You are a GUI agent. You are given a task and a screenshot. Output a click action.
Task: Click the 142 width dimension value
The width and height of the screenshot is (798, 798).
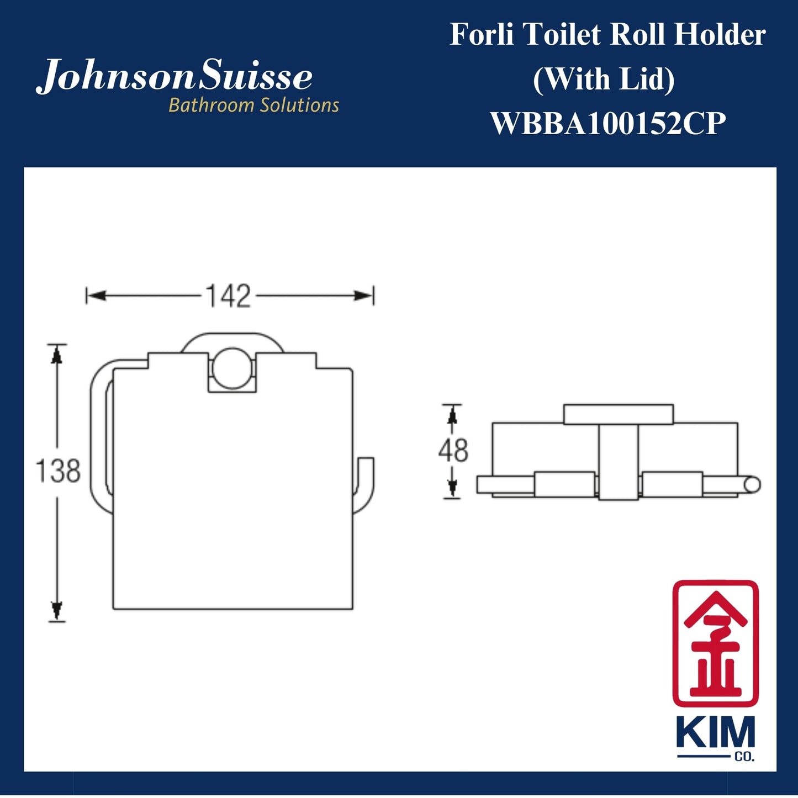[x=228, y=297]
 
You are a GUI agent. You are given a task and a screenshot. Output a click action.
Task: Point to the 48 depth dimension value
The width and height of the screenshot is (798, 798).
[x=453, y=451]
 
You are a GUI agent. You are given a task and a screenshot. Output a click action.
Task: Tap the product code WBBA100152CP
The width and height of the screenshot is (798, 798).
[x=607, y=123]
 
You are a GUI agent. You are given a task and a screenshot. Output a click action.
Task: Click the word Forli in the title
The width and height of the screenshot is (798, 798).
[x=482, y=35]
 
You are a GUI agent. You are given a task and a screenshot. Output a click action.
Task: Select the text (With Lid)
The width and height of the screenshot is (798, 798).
[x=604, y=79]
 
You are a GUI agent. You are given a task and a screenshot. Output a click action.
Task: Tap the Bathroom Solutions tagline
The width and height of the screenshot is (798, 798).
[x=253, y=105]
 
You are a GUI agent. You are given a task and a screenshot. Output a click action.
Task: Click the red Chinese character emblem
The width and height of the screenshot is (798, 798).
[x=715, y=643]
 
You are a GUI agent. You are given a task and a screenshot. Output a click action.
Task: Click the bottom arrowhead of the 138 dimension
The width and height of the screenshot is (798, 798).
[x=56, y=610]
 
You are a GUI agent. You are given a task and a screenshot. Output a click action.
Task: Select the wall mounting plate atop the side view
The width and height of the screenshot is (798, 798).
[x=618, y=414]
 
